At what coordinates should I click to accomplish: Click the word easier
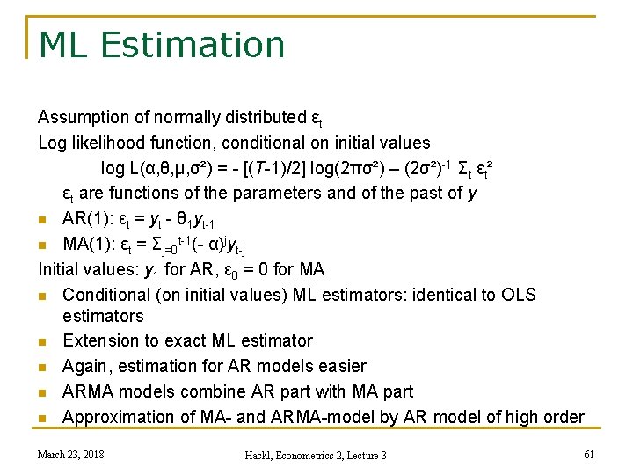(x=339, y=366)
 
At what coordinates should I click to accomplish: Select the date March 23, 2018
(x=69, y=454)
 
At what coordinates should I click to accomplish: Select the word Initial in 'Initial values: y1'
(x=58, y=269)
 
